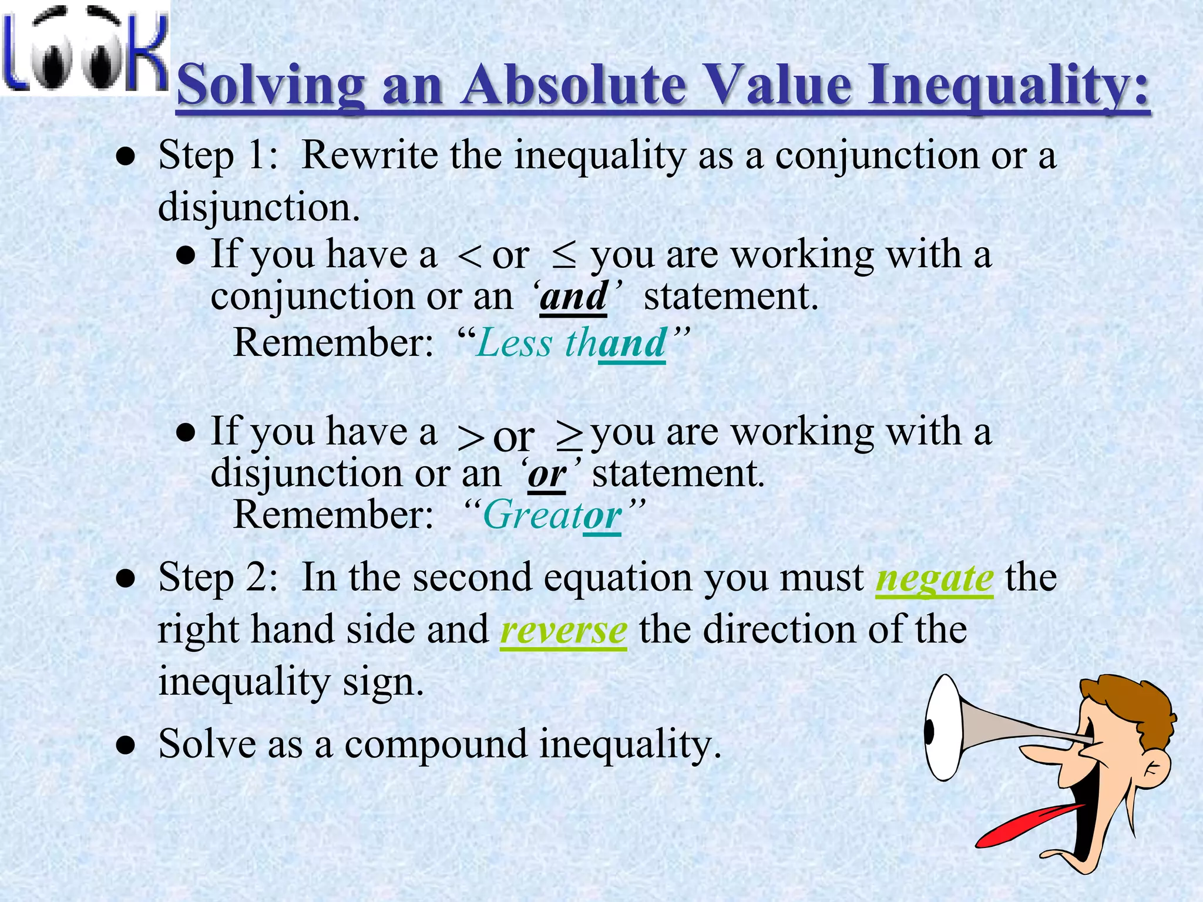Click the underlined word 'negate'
934,578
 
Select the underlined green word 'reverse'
563,630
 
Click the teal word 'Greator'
552,515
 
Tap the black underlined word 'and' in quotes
573,297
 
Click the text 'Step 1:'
218,156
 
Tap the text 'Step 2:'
218,578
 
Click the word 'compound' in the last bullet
435,744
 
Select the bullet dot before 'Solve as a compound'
126,746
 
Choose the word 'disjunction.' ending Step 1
258,208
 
